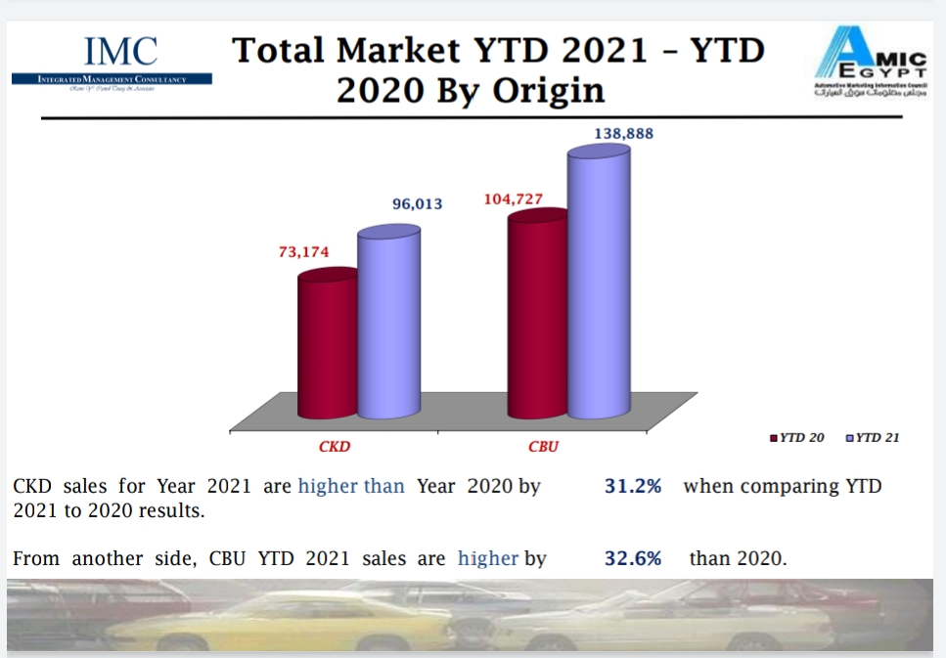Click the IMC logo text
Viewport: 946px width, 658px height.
(121, 51)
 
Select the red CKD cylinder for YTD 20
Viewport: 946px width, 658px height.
(328, 347)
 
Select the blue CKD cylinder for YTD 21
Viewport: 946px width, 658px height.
(388, 323)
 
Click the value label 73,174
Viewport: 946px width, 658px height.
(304, 251)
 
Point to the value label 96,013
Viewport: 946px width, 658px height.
(418, 204)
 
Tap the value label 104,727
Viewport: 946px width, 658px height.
(514, 199)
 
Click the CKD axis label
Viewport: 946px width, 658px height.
(334, 447)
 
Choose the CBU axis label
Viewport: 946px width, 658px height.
(543, 447)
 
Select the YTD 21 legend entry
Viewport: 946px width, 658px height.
(873, 437)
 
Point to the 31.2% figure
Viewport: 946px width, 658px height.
(633, 486)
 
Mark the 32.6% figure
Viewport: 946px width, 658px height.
(633, 558)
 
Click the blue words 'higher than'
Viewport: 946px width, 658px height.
(351, 486)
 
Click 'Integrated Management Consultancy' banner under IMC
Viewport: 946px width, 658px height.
(112, 78)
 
